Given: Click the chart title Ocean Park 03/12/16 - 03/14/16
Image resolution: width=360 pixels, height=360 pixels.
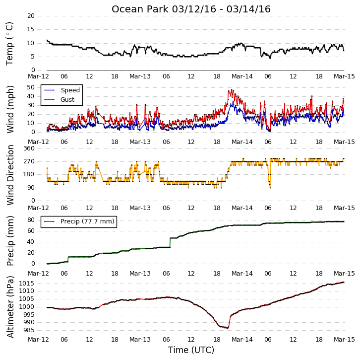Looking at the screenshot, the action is [191, 9].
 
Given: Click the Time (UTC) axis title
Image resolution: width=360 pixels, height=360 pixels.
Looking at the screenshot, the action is [191, 350].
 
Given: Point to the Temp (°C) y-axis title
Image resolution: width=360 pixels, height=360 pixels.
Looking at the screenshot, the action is [10, 44].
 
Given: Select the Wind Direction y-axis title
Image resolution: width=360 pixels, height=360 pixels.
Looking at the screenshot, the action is [10, 175].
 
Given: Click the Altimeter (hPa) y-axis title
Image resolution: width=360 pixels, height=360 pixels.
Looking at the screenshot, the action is [10, 307].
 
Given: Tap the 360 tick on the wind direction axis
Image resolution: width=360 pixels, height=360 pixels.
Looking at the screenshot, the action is [29, 148].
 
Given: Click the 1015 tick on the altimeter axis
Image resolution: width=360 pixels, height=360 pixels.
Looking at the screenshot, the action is [27, 283].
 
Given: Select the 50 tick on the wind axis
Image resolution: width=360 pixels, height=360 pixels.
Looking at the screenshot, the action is [31, 87].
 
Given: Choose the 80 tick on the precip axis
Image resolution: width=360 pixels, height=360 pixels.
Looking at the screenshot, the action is [31, 220].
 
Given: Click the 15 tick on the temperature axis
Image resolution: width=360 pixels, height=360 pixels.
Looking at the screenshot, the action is [31, 29].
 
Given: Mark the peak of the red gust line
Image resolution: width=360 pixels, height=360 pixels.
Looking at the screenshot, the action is [232, 89].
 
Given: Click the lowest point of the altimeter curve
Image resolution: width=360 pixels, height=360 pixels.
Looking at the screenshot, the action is [228, 328].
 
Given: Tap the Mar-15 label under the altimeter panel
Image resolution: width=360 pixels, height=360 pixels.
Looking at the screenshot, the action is [344, 340].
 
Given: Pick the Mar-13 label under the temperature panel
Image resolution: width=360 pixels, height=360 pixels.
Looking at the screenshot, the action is [140, 76].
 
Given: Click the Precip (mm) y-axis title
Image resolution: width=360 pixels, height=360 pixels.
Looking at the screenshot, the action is [10, 241].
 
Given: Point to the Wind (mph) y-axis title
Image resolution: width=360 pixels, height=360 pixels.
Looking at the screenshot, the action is [10, 109].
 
